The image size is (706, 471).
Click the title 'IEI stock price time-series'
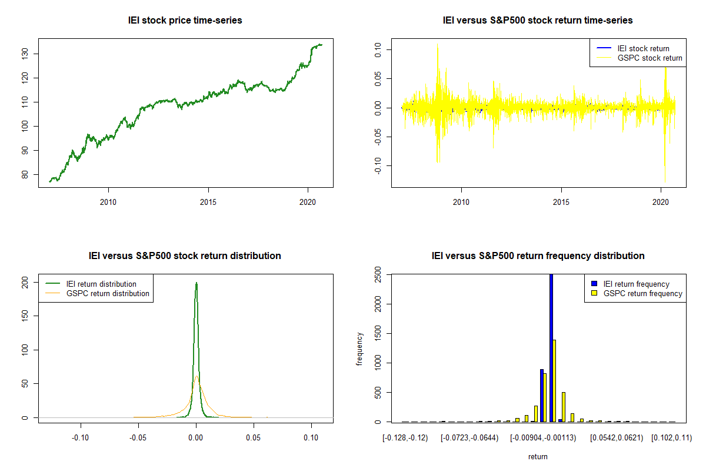[185, 21]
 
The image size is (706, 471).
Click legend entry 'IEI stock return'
[643, 48]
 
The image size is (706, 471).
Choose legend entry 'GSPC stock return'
[650, 58]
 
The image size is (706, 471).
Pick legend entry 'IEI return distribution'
[102, 284]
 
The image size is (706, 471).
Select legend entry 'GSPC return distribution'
[108, 293]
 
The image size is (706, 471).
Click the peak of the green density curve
[197, 283]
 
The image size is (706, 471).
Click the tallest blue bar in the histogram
[551, 347]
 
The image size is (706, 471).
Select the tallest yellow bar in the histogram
[555, 380]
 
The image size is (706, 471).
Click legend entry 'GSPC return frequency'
[642, 293]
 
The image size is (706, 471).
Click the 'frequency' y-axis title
[359, 349]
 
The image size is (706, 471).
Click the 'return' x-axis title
[538, 456]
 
